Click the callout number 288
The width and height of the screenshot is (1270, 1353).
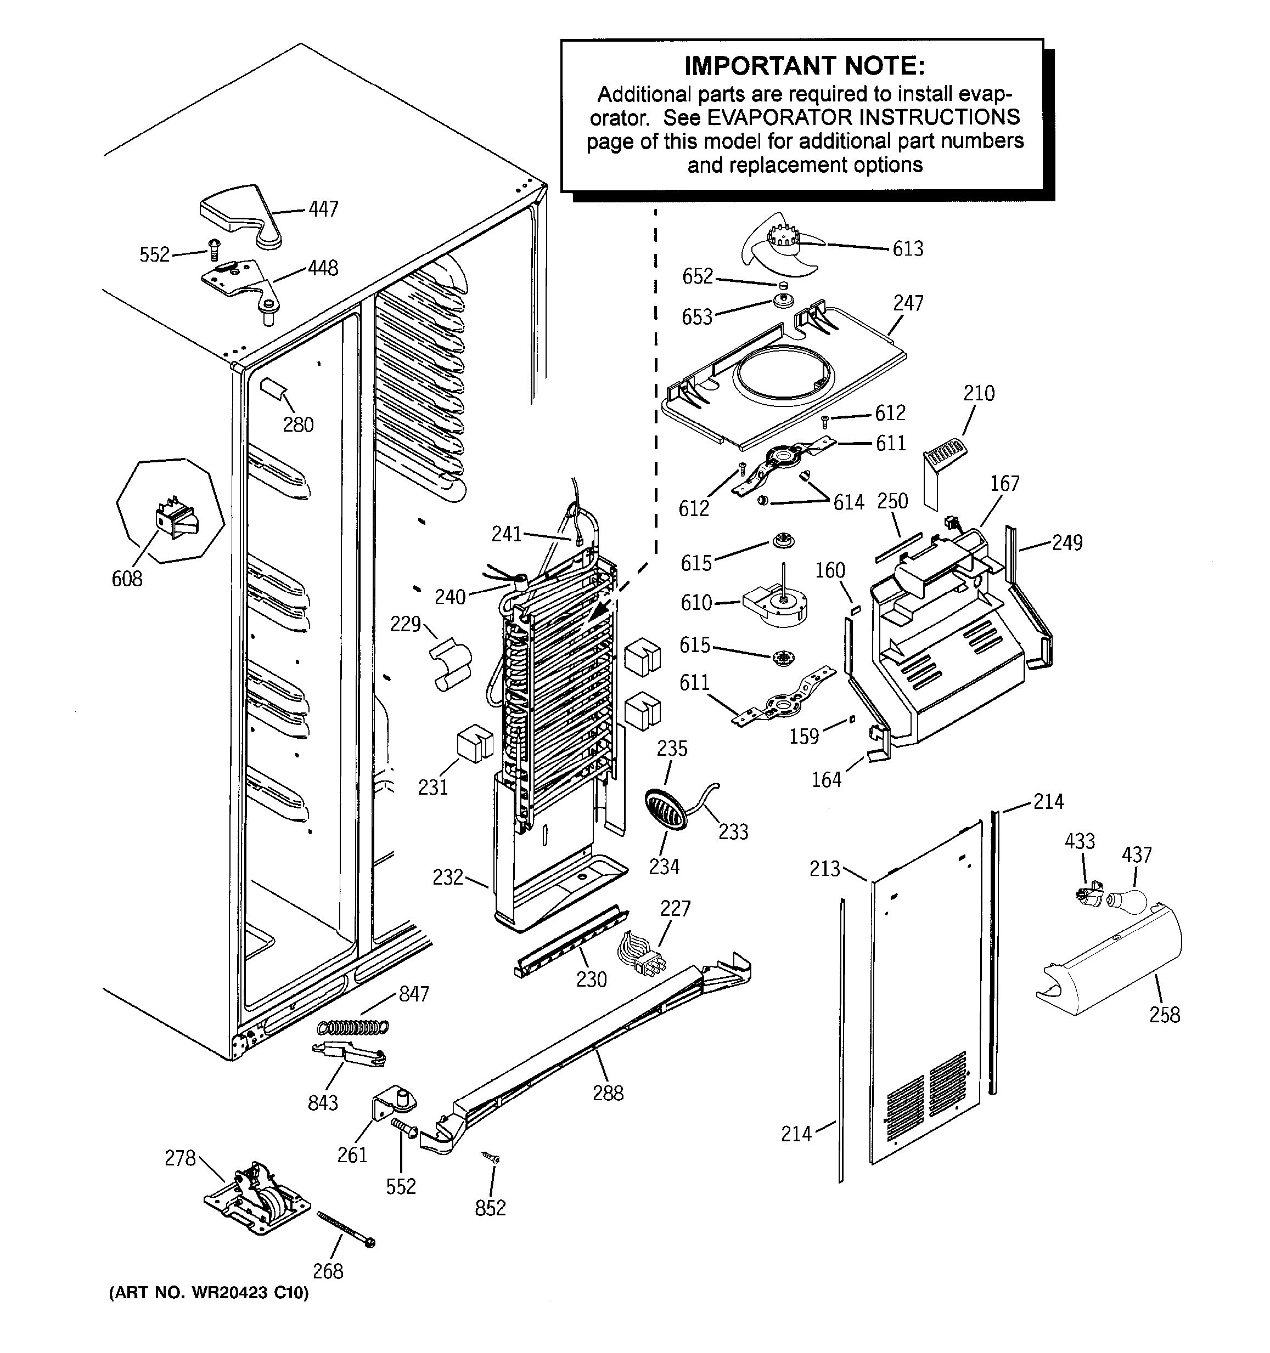[x=608, y=1093]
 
